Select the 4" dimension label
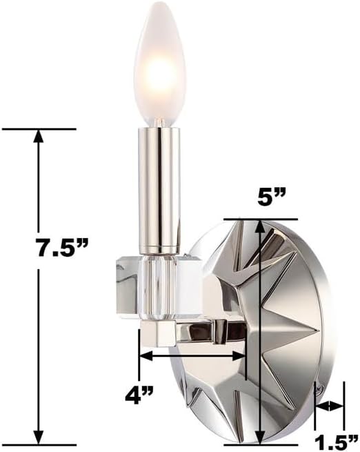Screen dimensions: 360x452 click(139, 395)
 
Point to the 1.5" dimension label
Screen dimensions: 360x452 click(336, 442)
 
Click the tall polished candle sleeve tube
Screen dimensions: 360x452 click(159, 190)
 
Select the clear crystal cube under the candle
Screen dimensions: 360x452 click(158, 288)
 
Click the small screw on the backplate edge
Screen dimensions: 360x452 click(319, 389)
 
